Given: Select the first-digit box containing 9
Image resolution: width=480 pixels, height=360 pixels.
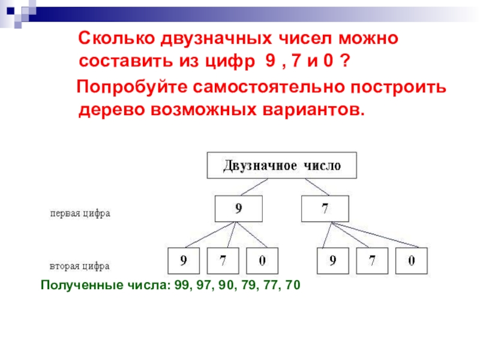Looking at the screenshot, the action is pyautogui.click(x=239, y=209).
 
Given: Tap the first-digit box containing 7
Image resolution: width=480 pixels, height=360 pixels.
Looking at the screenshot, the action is pyautogui.click(x=323, y=209).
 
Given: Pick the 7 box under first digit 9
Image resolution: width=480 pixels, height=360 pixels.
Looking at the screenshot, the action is pyautogui.click(x=223, y=261).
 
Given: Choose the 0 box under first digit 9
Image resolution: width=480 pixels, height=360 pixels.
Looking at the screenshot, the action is pyautogui.click(x=263, y=261).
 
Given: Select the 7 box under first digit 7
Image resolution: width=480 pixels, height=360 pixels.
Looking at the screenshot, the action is pyautogui.click(x=373, y=261).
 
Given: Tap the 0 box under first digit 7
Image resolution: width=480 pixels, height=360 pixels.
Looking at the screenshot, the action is pyautogui.click(x=412, y=261).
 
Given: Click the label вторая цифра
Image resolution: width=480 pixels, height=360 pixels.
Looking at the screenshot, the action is pyautogui.click(x=80, y=265).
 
